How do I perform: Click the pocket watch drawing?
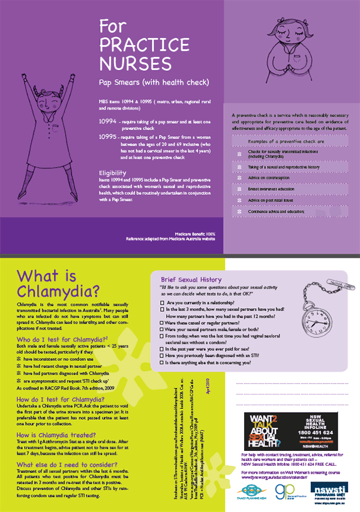317,317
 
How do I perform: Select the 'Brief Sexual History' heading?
190,279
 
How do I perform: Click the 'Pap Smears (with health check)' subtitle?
145,82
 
